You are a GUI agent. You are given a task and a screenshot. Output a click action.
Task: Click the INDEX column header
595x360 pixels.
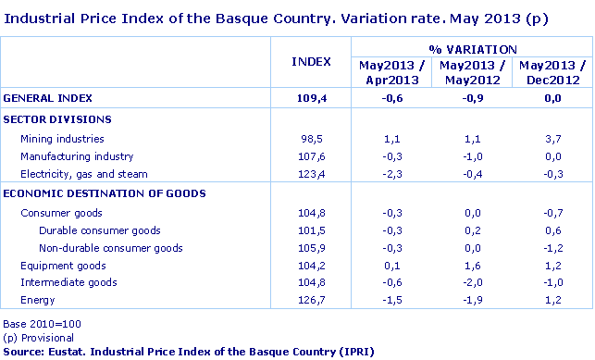coord(311,61)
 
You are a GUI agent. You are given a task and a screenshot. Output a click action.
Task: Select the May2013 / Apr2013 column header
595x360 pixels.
coord(390,73)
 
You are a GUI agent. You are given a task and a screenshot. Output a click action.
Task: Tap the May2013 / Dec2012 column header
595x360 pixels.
coord(552,73)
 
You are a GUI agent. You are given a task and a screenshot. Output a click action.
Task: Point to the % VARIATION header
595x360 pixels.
coord(472,48)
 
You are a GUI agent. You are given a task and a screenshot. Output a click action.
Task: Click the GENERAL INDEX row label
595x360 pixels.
coord(47,97)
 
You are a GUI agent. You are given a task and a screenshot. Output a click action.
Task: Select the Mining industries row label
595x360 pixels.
coord(62,138)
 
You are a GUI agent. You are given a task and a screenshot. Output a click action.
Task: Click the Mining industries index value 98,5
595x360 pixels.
coord(316,138)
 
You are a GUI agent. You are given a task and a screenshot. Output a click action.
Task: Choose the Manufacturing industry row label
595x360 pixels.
coord(77,156)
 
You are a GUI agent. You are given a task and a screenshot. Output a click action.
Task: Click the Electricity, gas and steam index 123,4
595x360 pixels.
coord(314,174)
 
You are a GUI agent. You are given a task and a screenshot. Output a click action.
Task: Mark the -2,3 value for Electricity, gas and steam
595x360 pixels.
coord(391,174)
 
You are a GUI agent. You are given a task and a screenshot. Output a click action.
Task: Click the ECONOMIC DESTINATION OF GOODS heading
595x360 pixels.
coord(104,192)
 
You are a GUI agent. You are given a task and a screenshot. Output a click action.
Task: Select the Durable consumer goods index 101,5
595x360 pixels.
coord(314,230)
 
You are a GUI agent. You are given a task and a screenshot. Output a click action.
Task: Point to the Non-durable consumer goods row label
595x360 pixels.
coord(111,247)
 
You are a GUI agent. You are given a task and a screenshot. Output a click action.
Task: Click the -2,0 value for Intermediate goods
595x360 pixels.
coord(472,282)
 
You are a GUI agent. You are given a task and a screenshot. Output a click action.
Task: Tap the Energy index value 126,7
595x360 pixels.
coord(314,301)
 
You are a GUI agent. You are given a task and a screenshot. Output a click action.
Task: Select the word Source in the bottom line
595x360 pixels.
coord(23,352)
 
